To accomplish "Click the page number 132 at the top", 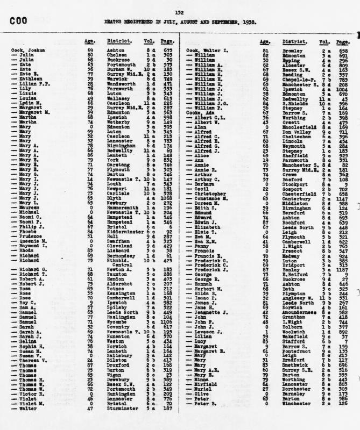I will click(x=179, y=12).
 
